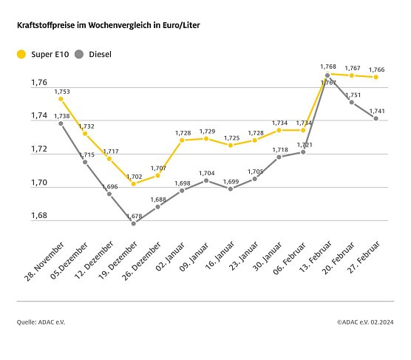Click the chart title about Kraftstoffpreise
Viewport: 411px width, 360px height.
(x=108, y=24)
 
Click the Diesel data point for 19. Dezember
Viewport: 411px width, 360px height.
(x=133, y=223)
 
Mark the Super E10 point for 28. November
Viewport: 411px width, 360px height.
(x=61, y=98)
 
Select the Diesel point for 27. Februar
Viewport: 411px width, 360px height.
(x=376, y=118)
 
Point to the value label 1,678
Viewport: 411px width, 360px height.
(x=134, y=214)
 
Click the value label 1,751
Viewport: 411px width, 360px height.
(x=353, y=95)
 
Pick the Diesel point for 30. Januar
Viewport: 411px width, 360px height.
(x=279, y=157)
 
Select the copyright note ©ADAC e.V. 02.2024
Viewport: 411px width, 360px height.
(x=366, y=322)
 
